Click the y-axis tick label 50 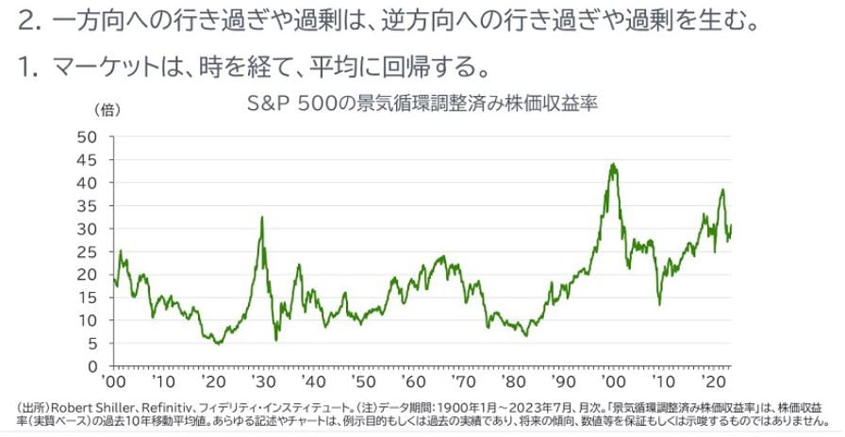tap(89, 137)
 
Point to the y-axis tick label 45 tap(89, 159)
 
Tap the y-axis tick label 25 tap(89, 251)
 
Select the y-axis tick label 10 tap(89, 320)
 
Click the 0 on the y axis tap(93, 365)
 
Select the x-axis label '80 tap(516, 383)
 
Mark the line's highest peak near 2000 tap(614, 164)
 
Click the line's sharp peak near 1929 tap(261, 218)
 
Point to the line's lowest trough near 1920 tap(218, 344)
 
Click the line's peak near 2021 tap(722, 190)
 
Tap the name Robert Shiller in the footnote tap(93, 406)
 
